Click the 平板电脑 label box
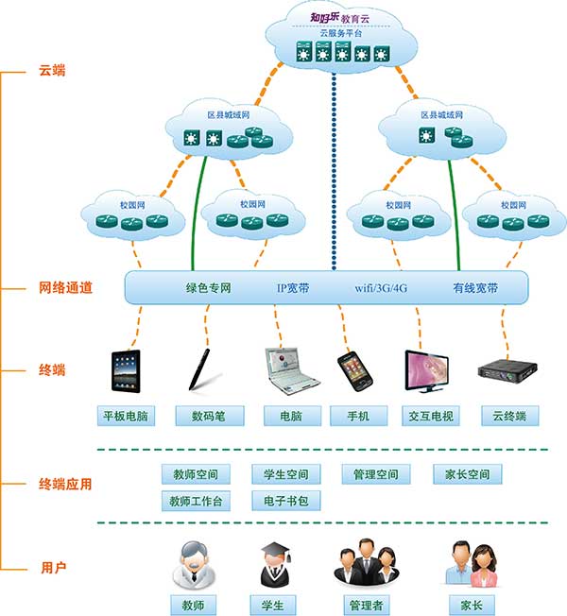coord(127,416)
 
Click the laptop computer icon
coord(284,369)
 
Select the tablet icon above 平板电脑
coord(127,369)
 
